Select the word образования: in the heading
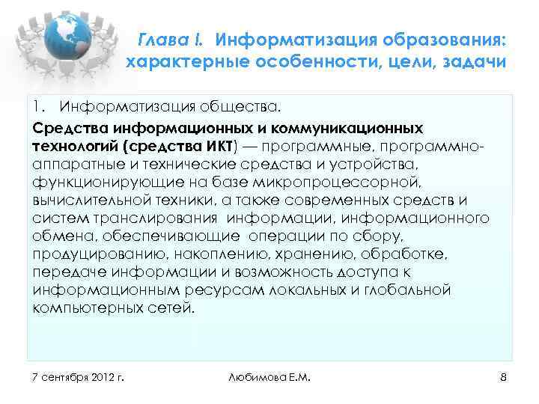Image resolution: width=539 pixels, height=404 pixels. click(x=439, y=38)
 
